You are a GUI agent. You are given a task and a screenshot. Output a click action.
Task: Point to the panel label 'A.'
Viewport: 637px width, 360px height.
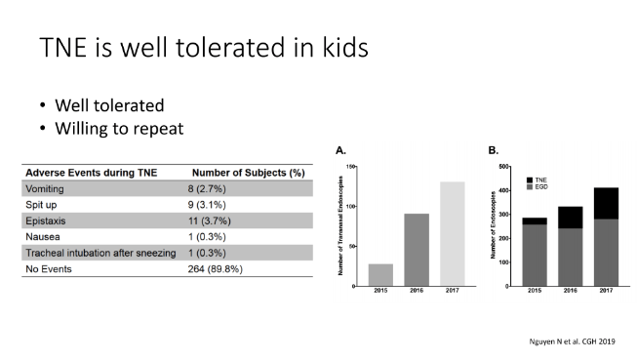(340, 152)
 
